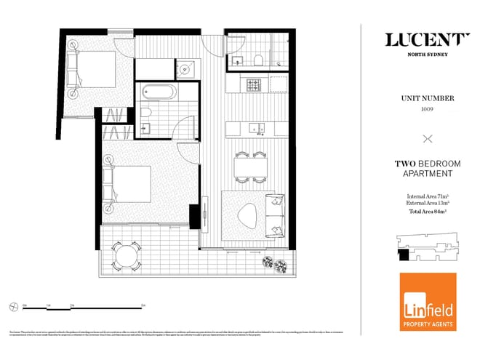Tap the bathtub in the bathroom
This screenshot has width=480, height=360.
click(158, 92)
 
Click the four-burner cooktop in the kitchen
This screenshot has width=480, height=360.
click(254, 84)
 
